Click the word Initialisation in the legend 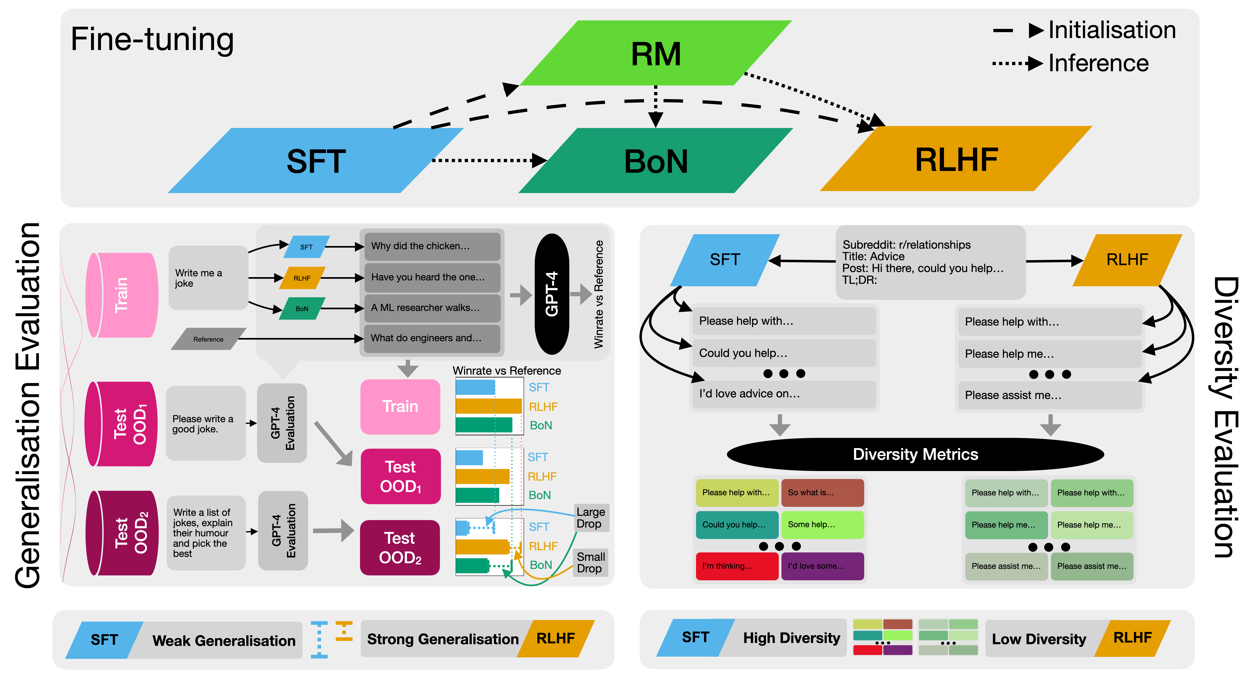1112,30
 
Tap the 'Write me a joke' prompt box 208,278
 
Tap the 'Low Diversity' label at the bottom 1039,639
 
